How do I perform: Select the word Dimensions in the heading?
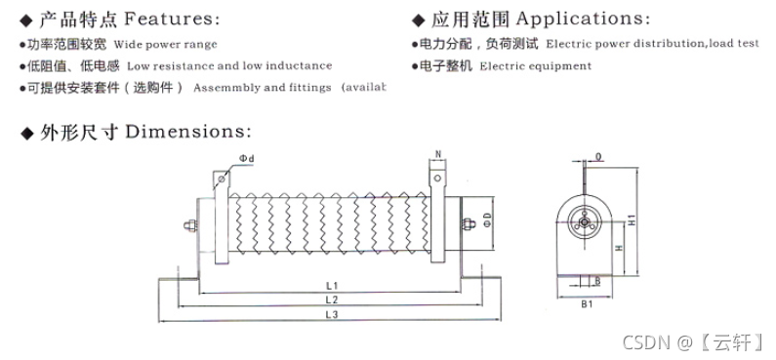tap(189, 131)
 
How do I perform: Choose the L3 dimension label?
tap(331, 314)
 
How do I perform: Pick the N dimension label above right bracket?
tap(438, 153)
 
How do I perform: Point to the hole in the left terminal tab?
tap(221, 180)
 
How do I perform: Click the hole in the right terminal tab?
tap(438, 178)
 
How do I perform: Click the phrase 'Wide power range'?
tap(166, 44)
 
